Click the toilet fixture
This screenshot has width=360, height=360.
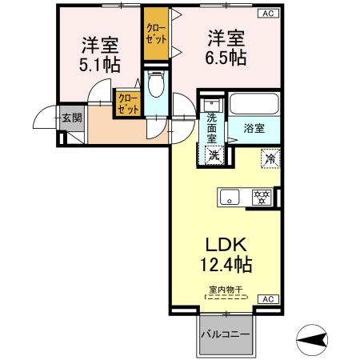157,84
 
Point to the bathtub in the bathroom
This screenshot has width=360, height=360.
253,104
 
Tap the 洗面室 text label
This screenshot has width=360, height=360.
212,128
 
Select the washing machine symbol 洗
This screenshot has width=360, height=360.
212,155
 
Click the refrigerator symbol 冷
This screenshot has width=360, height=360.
270,158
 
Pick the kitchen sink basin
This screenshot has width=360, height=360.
228,196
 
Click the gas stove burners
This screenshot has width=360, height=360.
259,196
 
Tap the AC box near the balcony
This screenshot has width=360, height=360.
269,299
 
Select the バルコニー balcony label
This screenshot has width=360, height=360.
226,334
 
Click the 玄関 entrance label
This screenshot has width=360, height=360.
71,118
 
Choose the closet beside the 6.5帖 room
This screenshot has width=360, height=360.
155,34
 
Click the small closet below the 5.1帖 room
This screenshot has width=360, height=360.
128,104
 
